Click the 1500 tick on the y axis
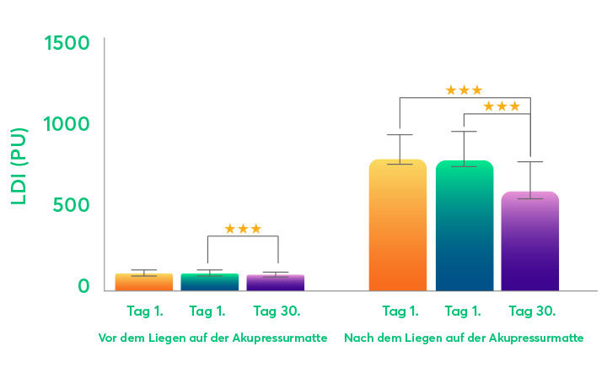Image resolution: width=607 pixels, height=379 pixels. point(66,41)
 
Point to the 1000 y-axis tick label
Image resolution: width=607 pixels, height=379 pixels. point(66,123)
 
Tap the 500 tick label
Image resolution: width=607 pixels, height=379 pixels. point(73,205)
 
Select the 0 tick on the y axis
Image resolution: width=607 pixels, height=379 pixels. point(83,286)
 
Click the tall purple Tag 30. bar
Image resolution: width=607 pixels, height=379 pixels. point(530,241)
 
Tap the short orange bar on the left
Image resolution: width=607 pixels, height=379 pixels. point(143,282)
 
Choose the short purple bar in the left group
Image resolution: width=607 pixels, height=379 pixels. point(276,283)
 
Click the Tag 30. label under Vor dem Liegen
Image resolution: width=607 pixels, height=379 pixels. point(277,311)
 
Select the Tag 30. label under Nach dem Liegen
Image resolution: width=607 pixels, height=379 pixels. point(533,311)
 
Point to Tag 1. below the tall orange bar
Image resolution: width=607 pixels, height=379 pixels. point(400,311)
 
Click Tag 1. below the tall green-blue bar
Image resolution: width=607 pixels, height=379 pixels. point(465,311)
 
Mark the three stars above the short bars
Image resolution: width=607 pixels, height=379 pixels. point(243,229)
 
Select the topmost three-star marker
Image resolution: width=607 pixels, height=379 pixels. point(464,90)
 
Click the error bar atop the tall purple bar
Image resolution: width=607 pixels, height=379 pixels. point(530,179)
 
